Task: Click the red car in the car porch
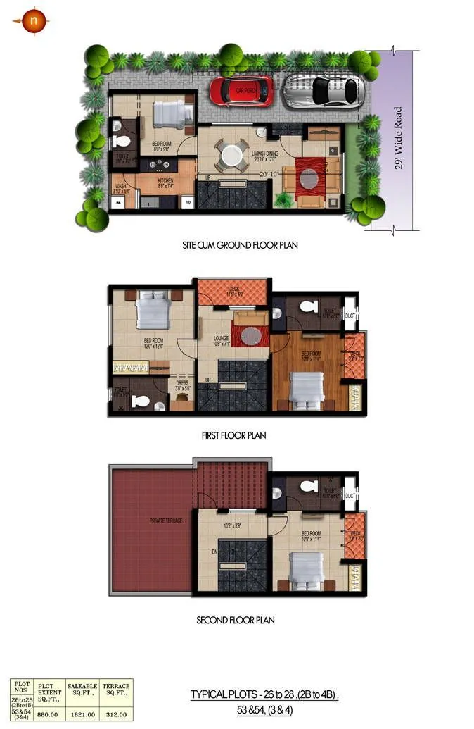pos(241,90)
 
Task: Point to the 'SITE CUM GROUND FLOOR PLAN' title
pos(240,247)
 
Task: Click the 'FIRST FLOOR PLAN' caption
pos(233,435)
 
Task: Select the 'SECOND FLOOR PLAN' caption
pos(235,621)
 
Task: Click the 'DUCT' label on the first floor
pos(350,316)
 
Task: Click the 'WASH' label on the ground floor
pos(120,187)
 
